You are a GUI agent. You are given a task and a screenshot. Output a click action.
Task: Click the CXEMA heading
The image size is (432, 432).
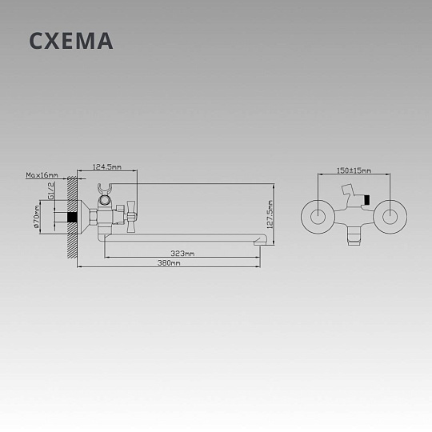[71, 41]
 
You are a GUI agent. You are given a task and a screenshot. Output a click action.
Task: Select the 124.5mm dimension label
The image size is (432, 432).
[106, 166]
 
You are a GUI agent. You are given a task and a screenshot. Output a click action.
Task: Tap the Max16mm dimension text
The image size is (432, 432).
[42, 175]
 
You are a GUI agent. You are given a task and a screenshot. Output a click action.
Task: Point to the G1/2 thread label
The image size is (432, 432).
[51, 190]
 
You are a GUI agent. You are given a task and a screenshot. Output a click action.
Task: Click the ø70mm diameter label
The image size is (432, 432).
[36, 217]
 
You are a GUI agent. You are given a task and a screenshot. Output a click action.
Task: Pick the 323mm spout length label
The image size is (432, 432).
[182, 253]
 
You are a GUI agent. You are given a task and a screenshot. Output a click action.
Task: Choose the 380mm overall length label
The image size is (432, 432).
[169, 263]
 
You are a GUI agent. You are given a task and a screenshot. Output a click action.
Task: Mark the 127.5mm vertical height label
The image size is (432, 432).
[270, 214]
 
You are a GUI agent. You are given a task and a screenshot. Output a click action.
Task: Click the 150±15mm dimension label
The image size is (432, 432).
[354, 170]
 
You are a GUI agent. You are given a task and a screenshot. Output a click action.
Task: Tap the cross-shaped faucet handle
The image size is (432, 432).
[130, 217]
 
